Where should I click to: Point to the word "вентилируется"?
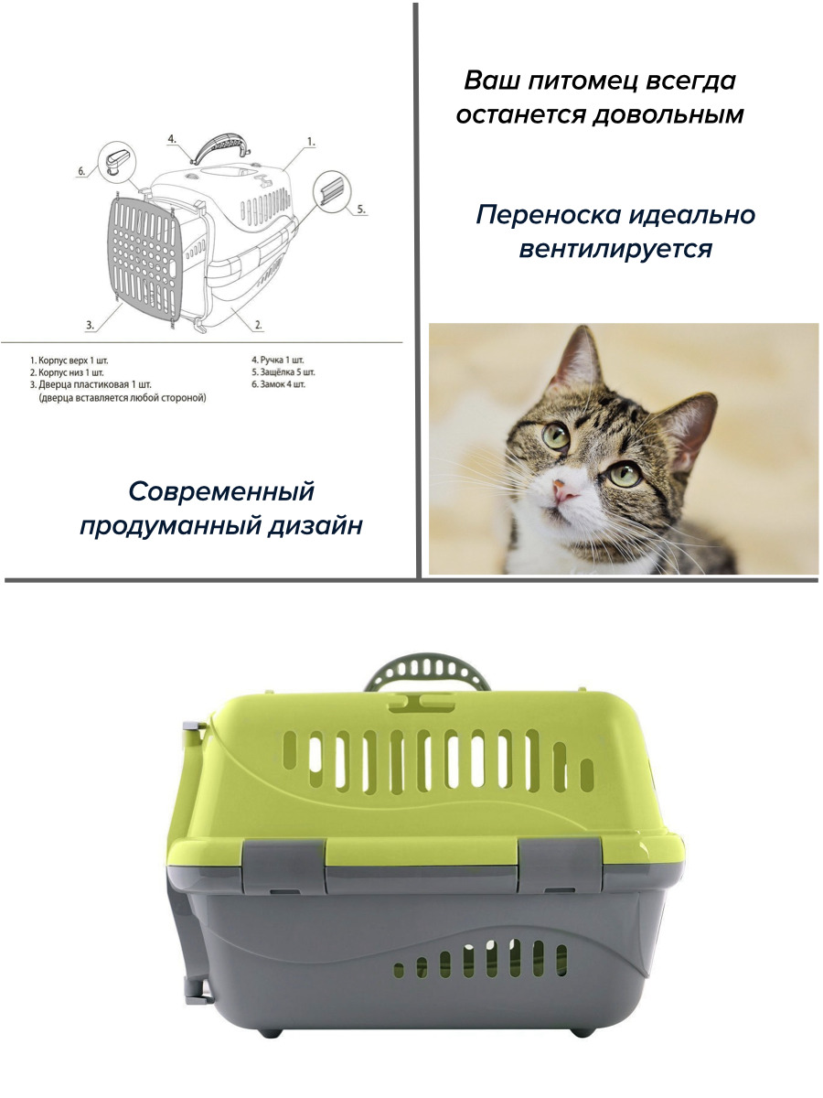pos(615,249)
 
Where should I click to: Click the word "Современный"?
pos(221,491)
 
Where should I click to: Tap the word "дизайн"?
pos(315,526)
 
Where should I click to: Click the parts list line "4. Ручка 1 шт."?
pos(278,360)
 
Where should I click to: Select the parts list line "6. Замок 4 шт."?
pos(278,384)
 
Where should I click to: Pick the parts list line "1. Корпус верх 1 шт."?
pos(69,361)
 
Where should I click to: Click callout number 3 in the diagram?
pos(90,325)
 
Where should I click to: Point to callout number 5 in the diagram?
pos(361,210)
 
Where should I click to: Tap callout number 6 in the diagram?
pos(81,172)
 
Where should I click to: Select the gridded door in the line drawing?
pos(144,262)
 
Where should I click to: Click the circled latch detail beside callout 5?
pos(332,190)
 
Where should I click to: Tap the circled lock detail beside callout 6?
pos(117,160)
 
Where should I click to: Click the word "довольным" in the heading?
pos(668,115)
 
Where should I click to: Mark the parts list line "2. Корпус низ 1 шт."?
pos(67,372)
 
